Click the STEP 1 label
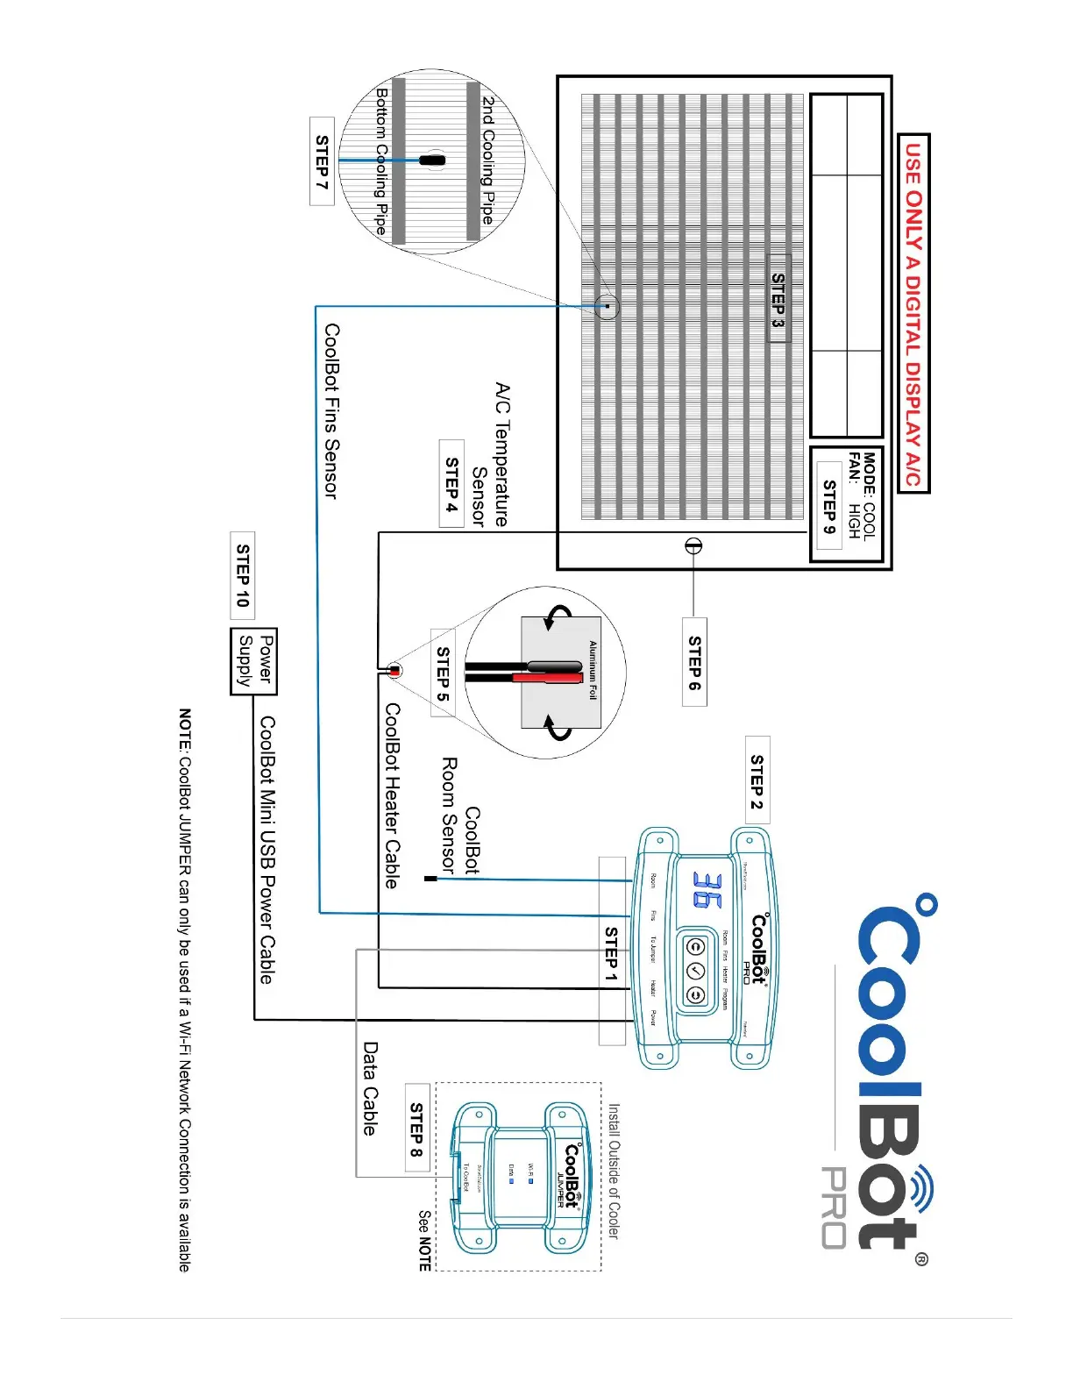coord(612,953)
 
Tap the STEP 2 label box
coord(757,780)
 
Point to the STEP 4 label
coord(451,483)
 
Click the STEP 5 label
coord(443,673)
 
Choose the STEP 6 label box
coord(694,662)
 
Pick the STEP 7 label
coord(322,161)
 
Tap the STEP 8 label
coord(417,1130)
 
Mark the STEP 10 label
coord(243,575)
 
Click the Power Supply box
coord(254,661)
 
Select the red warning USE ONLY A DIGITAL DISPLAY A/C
coord(913,313)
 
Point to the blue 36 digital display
coord(708,889)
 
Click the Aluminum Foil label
coord(593,670)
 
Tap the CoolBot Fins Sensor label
coord(331,411)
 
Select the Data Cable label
coord(371,1088)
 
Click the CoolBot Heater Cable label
coord(392,795)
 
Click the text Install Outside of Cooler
coord(614,1171)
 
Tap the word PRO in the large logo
coord(834,1207)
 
